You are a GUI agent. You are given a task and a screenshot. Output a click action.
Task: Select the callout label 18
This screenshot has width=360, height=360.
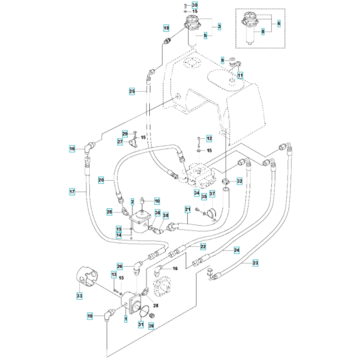(x=166, y=28)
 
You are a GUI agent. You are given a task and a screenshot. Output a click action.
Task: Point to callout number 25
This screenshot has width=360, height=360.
(x=132, y=92)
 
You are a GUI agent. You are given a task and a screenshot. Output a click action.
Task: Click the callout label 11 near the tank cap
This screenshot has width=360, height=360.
(x=240, y=76)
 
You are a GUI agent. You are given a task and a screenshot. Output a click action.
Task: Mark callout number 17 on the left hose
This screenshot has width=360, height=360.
(x=73, y=191)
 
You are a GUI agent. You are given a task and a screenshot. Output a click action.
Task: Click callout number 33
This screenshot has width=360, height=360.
(x=80, y=296)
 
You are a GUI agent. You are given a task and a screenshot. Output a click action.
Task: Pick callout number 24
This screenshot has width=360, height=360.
(x=237, y=249)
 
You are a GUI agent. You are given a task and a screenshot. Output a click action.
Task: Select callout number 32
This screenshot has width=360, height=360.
(x=239, y=181)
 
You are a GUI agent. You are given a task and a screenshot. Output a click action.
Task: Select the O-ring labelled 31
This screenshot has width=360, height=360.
(x=149, y=316)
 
